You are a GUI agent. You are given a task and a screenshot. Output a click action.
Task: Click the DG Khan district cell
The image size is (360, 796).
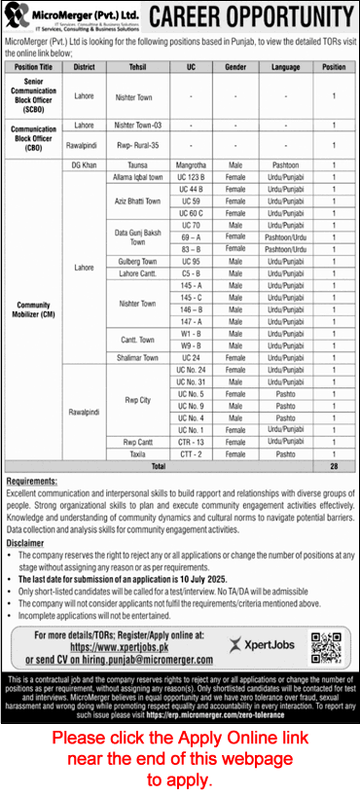[x=85, y=166]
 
